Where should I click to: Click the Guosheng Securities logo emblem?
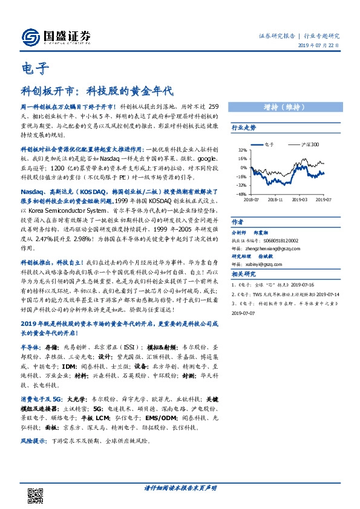coord(30,37)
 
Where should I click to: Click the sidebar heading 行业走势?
coord(244,128)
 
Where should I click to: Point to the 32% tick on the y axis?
coord(242,150)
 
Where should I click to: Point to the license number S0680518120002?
coord(283,239)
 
